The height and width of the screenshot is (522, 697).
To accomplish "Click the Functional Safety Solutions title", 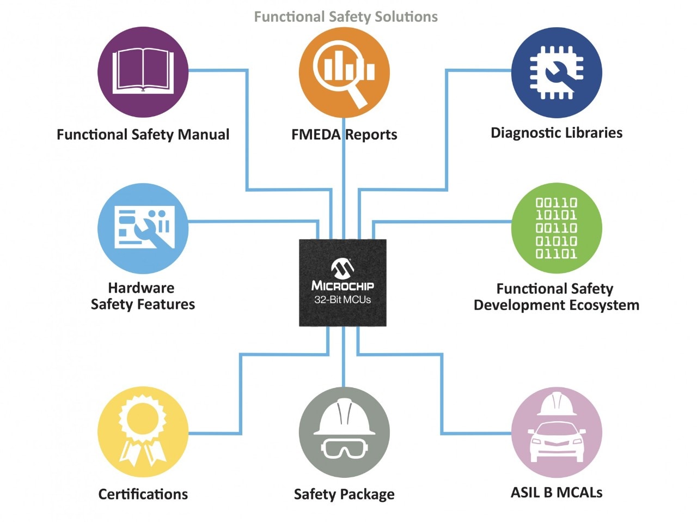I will pos(346,17).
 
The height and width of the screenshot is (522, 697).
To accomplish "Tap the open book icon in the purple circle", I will pos(143,71).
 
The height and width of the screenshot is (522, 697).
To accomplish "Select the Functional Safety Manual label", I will pos(143,135).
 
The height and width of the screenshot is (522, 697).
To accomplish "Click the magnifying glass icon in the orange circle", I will pos(345,74).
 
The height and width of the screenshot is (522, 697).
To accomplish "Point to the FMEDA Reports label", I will pos(344,135).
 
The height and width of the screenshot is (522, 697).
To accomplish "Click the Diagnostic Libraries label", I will pos(557,133).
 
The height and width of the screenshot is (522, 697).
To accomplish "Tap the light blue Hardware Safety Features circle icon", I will pos(143,228).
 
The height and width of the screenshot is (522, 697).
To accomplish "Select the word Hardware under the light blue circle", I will pos(141,288).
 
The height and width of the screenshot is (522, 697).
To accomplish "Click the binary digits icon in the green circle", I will pos(557,228).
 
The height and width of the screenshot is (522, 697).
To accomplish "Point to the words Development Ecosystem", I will pos(557,305).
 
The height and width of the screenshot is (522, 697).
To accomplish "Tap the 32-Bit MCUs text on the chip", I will pos(343,300).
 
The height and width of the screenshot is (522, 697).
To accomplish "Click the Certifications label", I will pos(143,494).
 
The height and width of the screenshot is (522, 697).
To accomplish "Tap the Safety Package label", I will pos(344,494).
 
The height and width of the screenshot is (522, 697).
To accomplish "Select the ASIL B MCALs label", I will pos(557,493).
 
